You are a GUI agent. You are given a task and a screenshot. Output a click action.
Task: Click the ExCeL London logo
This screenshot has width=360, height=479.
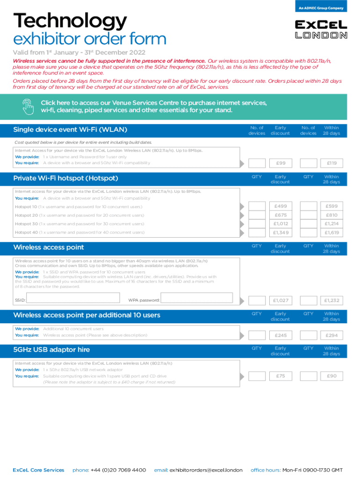point(321,29)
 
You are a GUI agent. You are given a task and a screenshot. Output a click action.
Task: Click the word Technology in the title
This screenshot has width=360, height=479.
point(70,21)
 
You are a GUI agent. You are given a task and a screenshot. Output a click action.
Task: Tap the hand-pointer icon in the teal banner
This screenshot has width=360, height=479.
point(28,107)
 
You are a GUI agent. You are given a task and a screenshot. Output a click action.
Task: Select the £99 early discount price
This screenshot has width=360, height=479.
point(281,163)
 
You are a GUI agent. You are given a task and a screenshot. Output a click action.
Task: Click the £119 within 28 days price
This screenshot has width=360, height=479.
point(332,163)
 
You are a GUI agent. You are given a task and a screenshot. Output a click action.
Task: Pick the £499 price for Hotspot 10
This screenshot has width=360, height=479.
point(281,206)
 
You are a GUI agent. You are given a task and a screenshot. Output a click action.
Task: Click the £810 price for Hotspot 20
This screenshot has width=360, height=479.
point(332,215)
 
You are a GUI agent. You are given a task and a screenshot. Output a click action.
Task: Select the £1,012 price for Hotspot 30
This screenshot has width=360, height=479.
point(281,224)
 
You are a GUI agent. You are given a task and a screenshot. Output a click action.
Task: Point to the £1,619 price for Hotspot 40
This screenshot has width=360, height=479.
point(332,232)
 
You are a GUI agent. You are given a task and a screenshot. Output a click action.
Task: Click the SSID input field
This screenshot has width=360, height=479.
point(70,299)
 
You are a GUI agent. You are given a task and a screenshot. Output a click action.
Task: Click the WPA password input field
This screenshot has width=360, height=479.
point(201,299)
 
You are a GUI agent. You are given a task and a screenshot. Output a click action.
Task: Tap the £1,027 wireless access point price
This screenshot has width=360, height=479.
point(281,300)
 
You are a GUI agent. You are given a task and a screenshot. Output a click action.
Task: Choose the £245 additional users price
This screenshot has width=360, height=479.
point(281,335)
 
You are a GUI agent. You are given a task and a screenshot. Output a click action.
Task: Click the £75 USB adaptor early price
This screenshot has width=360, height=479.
point(281,376)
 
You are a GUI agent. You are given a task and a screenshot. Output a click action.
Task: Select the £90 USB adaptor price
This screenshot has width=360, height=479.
point(332,376)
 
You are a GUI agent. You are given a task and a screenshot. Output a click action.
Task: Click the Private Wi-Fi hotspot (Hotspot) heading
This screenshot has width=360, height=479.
point(65,178)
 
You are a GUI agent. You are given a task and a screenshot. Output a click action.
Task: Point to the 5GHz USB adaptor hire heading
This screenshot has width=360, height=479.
point(51,349)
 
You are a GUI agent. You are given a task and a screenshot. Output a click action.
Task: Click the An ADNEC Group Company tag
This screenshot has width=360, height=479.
point(321,8)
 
